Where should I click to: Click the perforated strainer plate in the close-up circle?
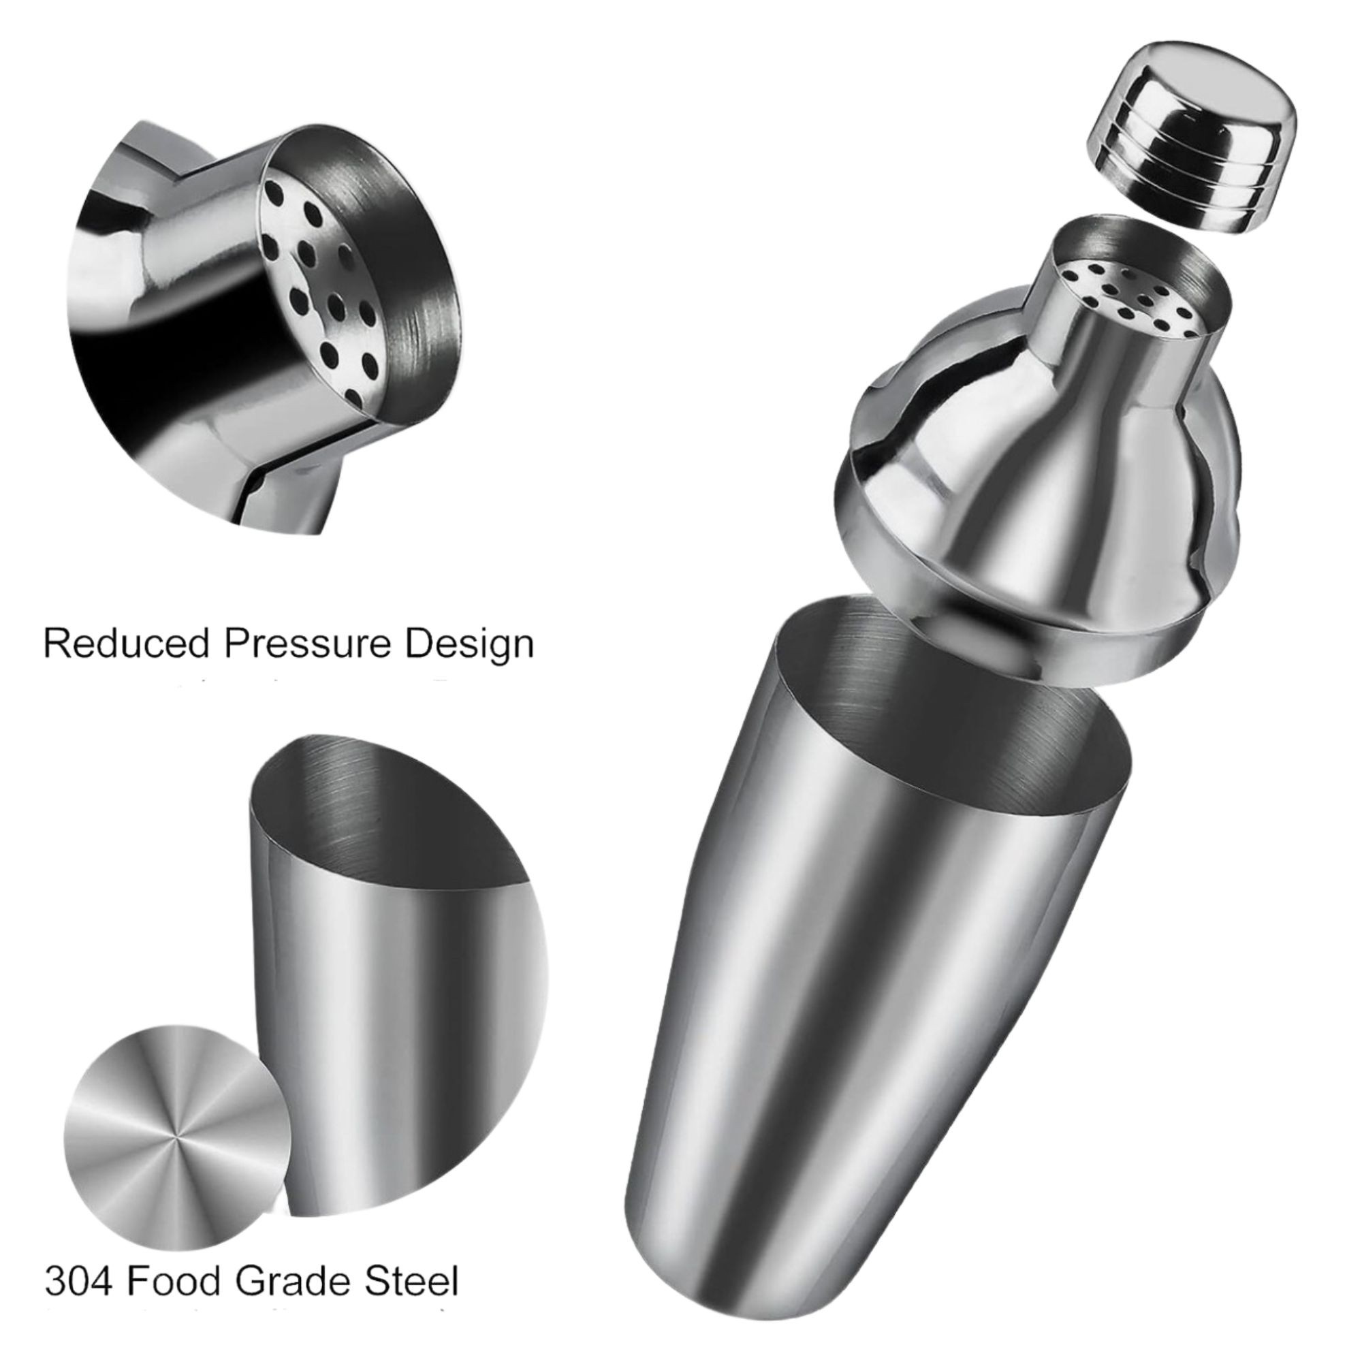click(x=310, y=282)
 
